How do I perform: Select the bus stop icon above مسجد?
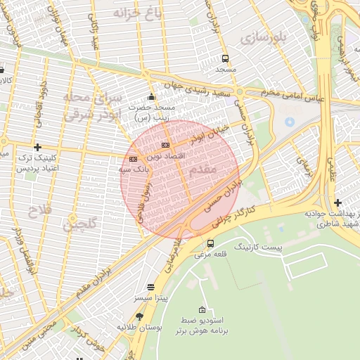(x=225, y=59)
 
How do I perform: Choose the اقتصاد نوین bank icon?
(x=165, y=145)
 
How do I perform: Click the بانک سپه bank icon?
(x=133, y=159)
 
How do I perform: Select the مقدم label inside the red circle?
(x=203, y=170)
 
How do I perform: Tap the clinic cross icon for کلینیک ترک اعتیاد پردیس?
(x=37, y=147)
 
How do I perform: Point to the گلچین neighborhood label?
(x=78, y=226)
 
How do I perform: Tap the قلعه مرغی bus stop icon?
(x=210, y=243)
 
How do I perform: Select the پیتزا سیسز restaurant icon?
(x=150, y=287)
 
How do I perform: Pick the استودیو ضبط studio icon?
(x=202, y=310)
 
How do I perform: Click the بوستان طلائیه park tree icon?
(x=139, y=316)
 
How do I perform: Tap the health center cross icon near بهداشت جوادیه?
(x=338, y=202)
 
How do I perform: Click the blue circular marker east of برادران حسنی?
(x=289, y=122)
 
